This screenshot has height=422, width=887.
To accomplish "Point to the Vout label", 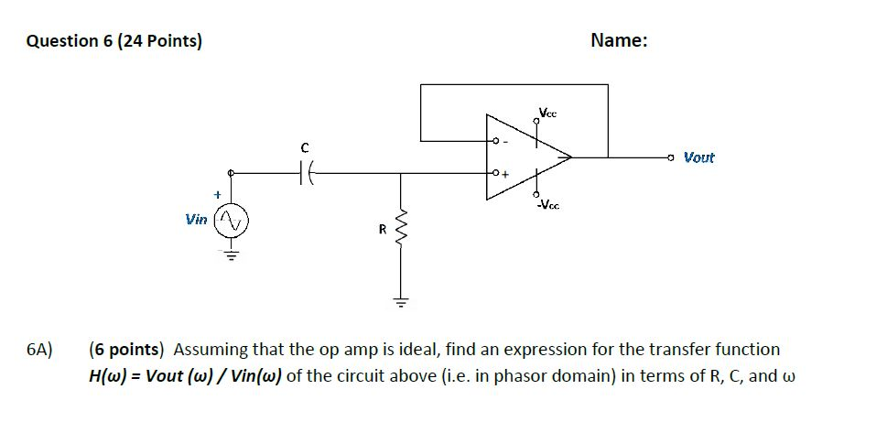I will (x=699, y=157).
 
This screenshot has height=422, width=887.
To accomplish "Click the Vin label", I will (x=196, y=220).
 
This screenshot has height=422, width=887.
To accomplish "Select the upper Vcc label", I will (x=547, y=114).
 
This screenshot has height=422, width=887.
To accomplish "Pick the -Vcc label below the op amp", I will (x=548, y=204).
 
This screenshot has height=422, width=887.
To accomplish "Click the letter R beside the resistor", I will (x=383, y=229).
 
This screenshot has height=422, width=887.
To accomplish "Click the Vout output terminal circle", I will (x=672, y=157).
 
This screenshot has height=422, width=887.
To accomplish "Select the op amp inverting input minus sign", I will (x=505, y=141).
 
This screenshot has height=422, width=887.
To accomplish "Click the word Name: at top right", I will (x=619, y=40).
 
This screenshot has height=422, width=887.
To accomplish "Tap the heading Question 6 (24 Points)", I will (x=115, y=41).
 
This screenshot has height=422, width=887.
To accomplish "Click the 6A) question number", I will (x=39, y=350).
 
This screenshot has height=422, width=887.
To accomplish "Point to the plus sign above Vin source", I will (x=217, y=195).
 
